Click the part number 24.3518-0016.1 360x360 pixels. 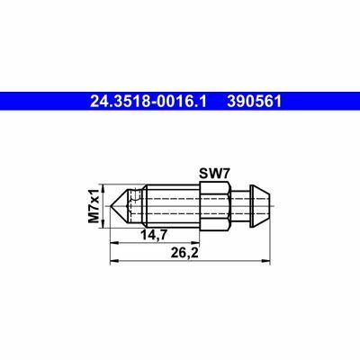click(x=148, y=102)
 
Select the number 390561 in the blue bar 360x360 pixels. click(x=255, y=102)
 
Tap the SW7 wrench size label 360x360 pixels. click(x=214, y=175)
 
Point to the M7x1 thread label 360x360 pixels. click(x=94, y=206)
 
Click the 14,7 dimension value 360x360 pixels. click(x=154, y=235)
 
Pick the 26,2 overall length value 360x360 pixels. click(x=184, y=254)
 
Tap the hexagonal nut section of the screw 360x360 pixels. click(x=215, y=206)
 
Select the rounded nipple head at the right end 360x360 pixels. click(x=260, y=206)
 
